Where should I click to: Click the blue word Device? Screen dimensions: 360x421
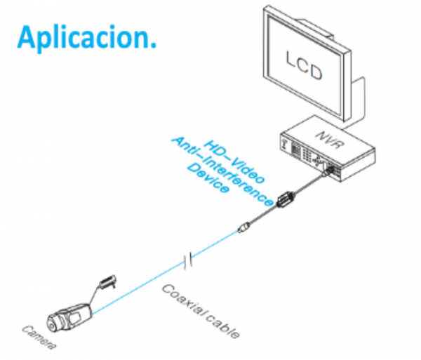[207, 182]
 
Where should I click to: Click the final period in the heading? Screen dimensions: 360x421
[152, 45]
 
